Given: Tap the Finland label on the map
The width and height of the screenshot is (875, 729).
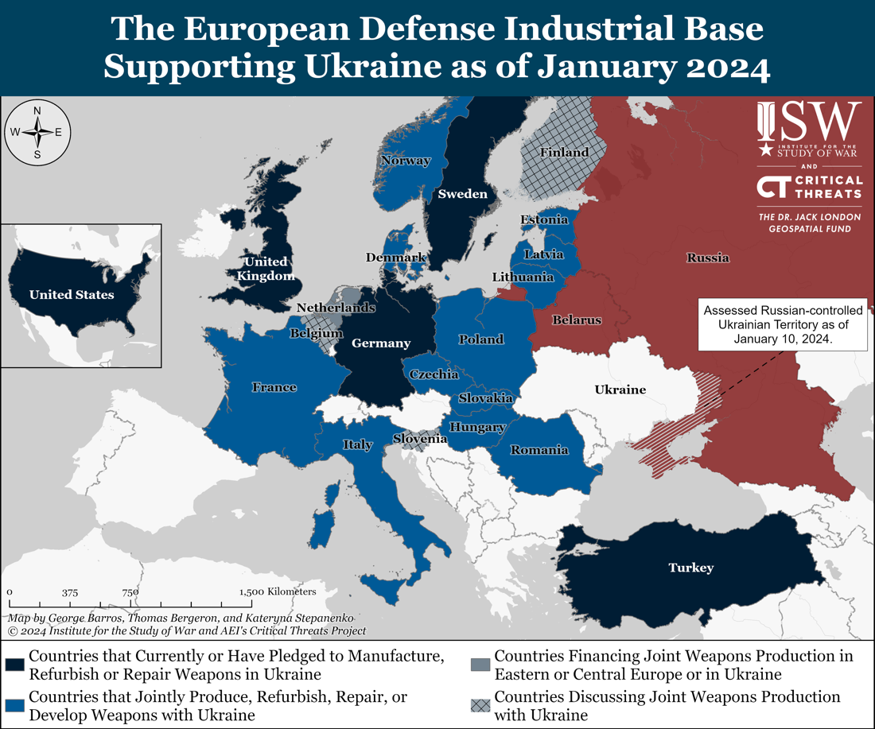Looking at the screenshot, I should point(564,152).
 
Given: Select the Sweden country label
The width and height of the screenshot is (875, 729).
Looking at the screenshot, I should point(462,194).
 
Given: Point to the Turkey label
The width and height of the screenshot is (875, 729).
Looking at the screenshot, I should point(690,568).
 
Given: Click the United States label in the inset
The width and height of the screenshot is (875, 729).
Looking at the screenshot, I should point(72,295).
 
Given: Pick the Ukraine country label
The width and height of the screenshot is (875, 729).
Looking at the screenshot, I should point(620,390).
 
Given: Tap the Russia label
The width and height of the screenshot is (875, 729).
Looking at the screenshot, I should point(707,258).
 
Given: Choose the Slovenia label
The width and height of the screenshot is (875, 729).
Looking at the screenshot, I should point(419,438).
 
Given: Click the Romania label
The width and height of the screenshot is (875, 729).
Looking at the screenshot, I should point(539,450).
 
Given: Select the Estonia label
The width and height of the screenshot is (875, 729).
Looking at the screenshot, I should point(544,219).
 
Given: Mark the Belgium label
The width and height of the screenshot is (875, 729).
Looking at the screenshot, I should point(316,334).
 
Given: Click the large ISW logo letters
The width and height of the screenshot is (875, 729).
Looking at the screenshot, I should point(810,121).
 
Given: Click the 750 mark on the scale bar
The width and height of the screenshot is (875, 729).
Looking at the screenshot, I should point(130,592).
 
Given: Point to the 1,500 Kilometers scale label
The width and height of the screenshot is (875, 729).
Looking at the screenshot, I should point(278,592).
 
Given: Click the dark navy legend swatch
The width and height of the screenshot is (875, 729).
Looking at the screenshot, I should point(14,665).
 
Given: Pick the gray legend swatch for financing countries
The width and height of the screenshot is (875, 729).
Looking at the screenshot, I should point(480,665).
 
